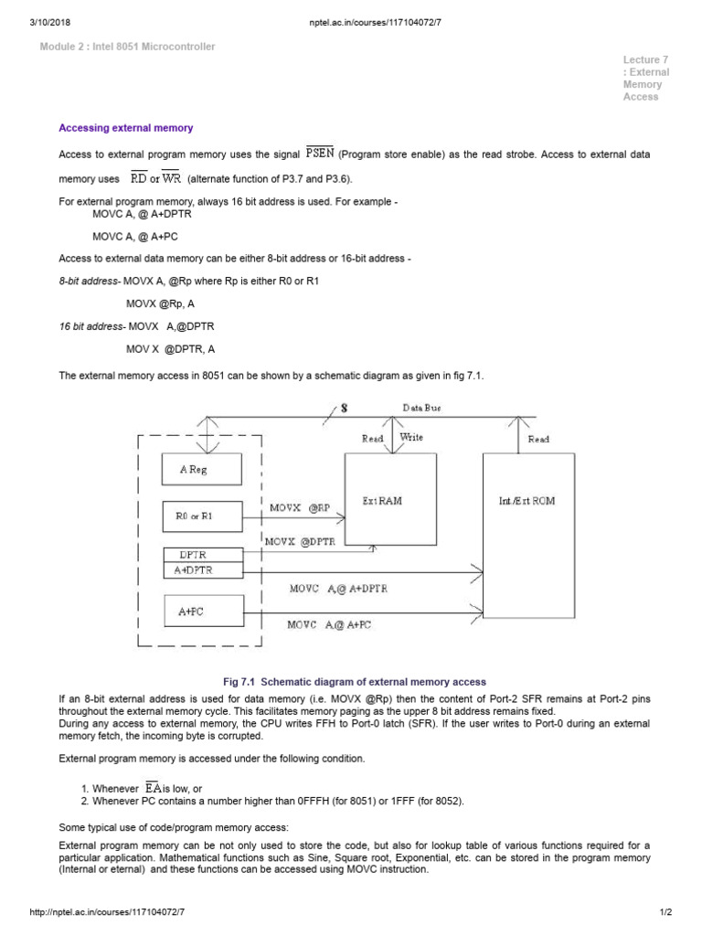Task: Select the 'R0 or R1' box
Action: [202, 516]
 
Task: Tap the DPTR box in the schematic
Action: [202, 555]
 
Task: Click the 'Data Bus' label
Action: [421, 408]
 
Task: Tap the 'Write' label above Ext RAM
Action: [411, 438]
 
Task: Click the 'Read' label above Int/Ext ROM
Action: [538, 440]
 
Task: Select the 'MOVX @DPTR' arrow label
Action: [300, 541]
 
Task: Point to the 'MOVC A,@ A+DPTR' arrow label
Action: [338, 589]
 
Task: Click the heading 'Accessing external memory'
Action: [126, 128]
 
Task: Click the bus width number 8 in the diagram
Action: [345, 408]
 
